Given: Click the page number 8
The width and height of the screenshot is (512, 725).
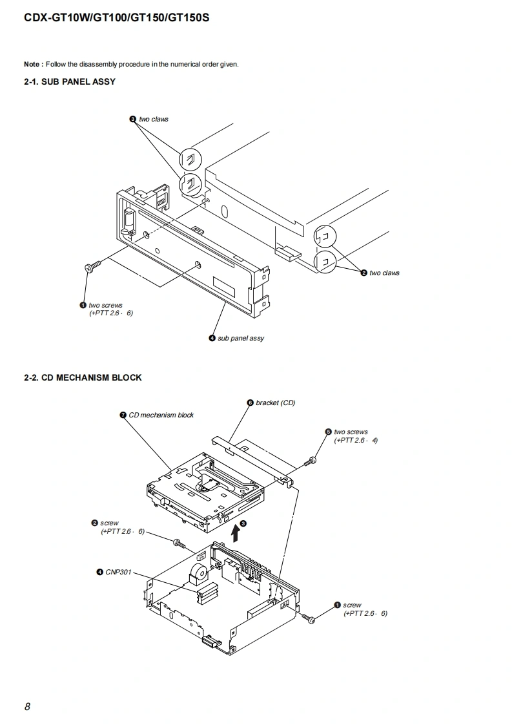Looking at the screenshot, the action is [x=27, y=706].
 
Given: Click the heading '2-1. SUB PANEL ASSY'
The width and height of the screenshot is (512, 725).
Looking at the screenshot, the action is [x=70, y=82].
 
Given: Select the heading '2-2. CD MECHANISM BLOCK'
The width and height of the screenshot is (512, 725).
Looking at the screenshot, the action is [x=83, y=378].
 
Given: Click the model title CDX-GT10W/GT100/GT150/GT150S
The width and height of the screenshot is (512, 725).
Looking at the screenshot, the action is [x=116, y=18].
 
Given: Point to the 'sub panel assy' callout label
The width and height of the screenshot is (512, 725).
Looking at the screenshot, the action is [x=241, y=338].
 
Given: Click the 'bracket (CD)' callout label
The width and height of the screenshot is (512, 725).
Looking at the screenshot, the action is [x=276, y=403].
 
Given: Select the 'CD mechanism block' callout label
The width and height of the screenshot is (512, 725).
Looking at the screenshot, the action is [x=161, y=415].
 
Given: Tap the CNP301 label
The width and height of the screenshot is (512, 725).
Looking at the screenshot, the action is [x=118, y=572].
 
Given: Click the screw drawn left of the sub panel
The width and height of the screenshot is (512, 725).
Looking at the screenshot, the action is [x=92, y=267].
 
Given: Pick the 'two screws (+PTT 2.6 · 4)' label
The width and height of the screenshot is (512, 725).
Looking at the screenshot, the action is [x=355, y=436].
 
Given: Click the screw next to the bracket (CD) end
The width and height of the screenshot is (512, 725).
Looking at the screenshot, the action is [x=310, y=461].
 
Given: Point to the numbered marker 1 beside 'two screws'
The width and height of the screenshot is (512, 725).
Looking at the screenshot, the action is [x=83, y=305].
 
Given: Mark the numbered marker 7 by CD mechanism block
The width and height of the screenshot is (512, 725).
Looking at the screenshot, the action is [x=123, y=415].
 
